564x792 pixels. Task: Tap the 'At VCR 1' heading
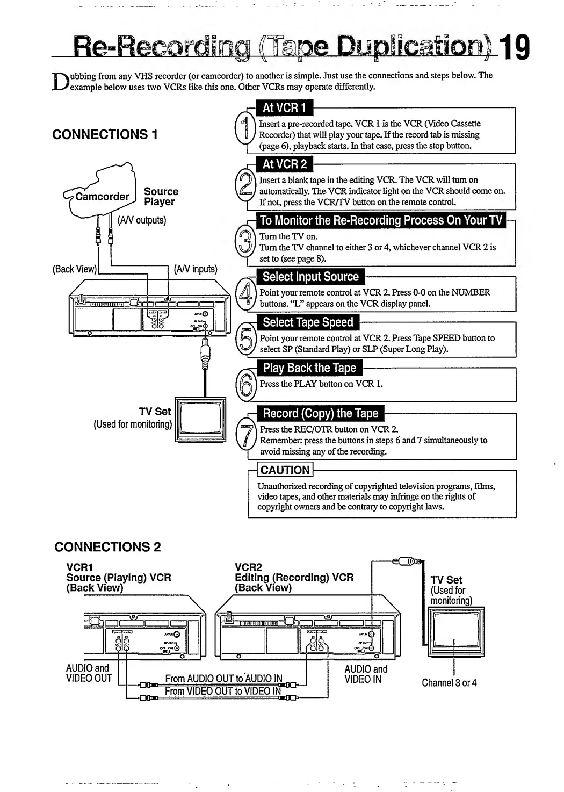(x=284, y=108)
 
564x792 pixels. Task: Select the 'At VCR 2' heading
(x=285, y=164)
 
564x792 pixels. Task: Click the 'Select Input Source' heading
(x=310, y=277)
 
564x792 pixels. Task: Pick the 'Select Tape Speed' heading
(x=308, y=323)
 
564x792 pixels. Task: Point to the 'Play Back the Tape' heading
(x=309, y=369)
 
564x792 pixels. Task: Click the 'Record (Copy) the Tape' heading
(x=321, y=414)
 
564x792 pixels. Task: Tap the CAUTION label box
(x=285, y=470)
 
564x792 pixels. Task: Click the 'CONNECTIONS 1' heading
(x=105, y=134)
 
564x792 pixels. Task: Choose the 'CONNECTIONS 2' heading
(x=107, y=547)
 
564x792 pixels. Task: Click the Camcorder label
(x=102, y=197)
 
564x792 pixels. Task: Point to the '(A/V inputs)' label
(x=196, y=269)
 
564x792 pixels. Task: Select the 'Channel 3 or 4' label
(x=449, y=683)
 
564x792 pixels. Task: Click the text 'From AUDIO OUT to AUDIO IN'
(x=223, y=679)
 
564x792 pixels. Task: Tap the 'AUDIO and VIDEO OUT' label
(x=89, y=673)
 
